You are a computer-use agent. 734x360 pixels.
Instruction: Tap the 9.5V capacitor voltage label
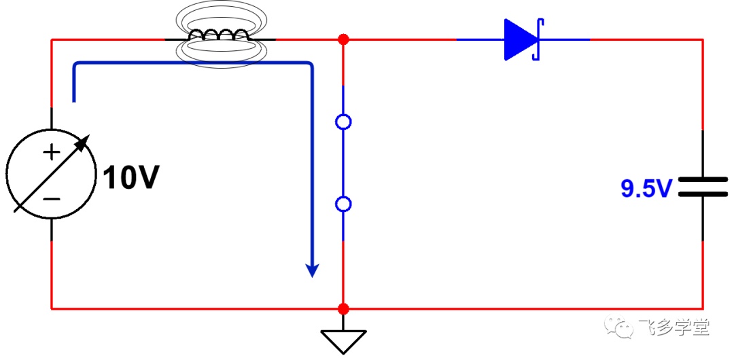[646, 189]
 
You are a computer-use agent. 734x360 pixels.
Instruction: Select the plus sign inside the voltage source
[52, 153]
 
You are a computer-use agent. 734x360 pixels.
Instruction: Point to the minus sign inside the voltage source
[52, 199]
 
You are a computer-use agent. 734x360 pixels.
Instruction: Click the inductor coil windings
[219, 35]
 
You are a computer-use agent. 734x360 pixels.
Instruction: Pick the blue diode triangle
[520, 40]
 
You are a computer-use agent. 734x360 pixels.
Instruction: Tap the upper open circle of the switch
[344, 122]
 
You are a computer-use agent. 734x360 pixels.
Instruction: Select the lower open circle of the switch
[344, 204]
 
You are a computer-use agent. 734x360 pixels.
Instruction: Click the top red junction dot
[344, 39]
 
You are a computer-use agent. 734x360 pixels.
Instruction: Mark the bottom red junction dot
[344, 309]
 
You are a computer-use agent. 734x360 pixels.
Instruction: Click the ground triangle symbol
[344, 341]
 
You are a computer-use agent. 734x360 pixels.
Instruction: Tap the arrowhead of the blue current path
[312, 270]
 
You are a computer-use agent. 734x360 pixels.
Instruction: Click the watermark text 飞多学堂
[674, 326]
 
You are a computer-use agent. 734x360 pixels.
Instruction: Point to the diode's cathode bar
[538, 40]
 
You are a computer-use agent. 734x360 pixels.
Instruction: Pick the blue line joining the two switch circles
[344, 164]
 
